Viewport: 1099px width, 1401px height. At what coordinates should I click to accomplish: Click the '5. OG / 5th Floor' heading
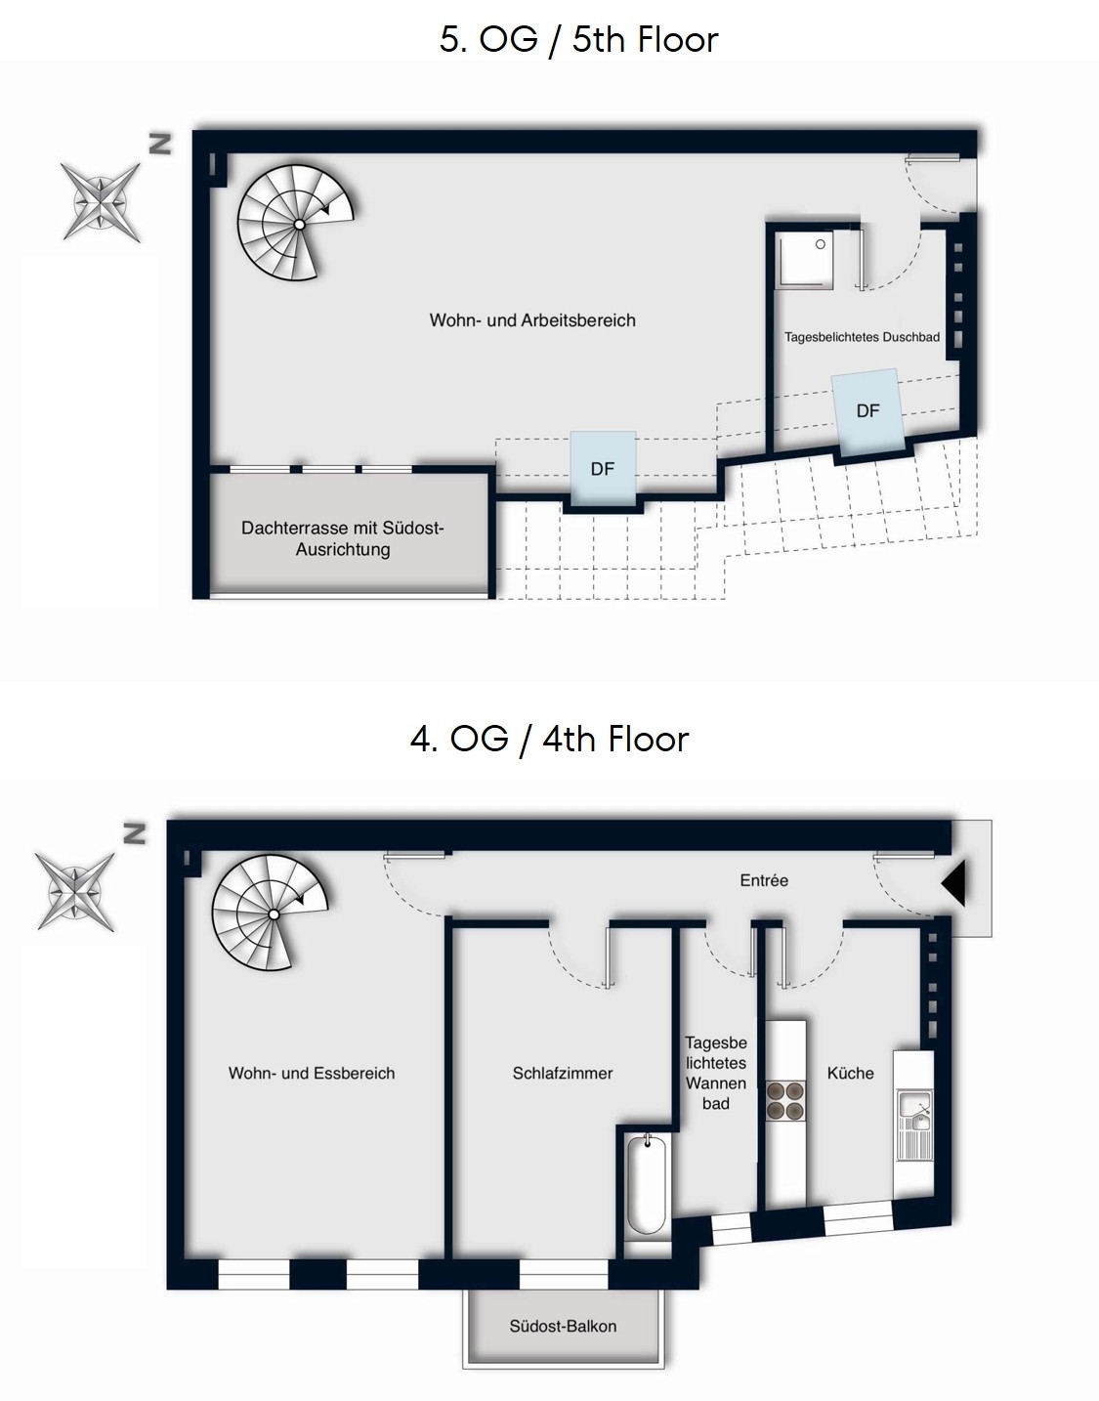578,40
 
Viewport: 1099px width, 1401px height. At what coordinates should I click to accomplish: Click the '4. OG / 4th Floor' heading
550,739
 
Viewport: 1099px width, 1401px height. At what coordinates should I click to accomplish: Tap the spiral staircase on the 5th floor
295,223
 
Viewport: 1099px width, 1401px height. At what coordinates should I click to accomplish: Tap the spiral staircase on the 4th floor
270,913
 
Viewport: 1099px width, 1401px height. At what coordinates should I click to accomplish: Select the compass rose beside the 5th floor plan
102,202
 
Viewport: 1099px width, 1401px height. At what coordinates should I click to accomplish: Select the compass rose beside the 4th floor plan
75,892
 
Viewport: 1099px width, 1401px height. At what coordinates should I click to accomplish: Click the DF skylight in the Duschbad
867,411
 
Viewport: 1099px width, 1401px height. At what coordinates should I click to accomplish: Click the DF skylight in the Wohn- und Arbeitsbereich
603,469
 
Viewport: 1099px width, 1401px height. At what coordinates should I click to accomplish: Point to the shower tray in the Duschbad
804,258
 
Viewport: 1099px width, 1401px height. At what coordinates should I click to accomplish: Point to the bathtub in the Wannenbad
647,1185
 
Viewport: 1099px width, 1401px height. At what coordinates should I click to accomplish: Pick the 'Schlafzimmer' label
562,1074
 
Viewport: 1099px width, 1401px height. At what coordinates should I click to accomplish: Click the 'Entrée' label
764,880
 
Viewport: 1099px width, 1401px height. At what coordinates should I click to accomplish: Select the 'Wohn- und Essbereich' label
312,1074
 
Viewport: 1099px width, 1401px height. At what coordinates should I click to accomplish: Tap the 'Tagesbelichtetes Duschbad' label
862,337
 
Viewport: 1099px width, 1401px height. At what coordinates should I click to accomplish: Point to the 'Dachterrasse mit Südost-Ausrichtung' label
342,538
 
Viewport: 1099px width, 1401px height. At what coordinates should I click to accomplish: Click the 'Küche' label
850,1074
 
